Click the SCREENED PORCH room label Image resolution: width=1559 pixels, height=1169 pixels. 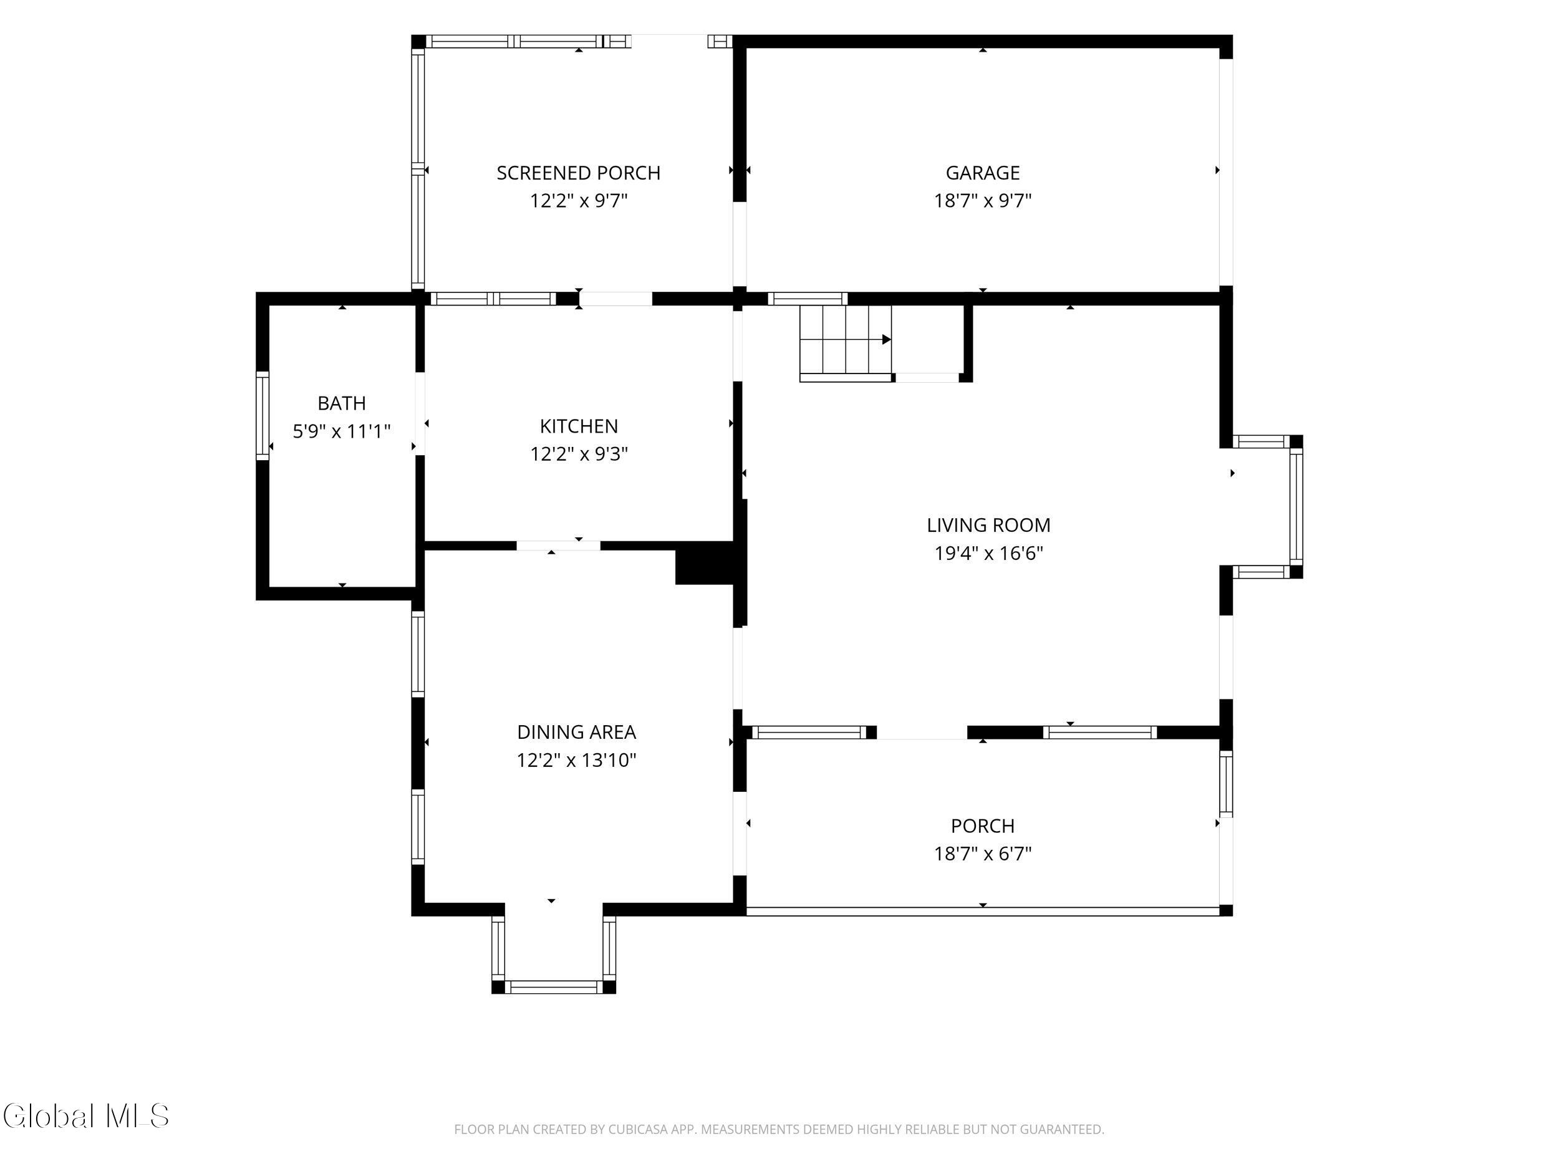pyautogui.click(x=579, y=173)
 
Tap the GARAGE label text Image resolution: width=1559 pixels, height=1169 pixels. pyautogui.click(x=982, y=173)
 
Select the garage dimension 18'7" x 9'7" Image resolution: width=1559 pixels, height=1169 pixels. pyautogui.click(x=982, y=201)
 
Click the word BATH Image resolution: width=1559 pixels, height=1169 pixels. pyautogui.click(x=342, y=403)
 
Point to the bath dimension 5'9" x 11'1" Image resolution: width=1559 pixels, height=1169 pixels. pyautogui.click(x=342, y=431)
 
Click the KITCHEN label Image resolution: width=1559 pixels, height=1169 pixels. pyautogui.click(x=579, y=426)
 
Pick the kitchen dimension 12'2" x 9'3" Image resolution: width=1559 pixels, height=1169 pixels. pyautogui.click(x=579, y=454)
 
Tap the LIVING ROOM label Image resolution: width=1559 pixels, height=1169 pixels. pyautogui.click(x=988, y=525)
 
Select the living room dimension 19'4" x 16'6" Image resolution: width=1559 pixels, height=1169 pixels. pyautogui.click(x=988, y=553)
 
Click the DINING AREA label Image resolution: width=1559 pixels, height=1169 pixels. pyautogui.click(x=577, y=732)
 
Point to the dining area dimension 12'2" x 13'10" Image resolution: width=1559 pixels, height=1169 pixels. pyautogui.click(x=577, y=760)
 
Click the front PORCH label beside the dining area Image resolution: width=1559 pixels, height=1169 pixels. pyautogui.click(x=982, y=826)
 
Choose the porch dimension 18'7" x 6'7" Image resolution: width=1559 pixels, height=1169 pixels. pyautogui.click(x=982, y=854)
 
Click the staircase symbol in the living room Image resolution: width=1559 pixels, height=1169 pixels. pyautogui.click(x=846, y=343)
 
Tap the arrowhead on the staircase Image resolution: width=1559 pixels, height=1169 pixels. pyautogui.click(x=887, y=340)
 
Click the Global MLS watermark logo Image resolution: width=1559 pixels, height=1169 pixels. pyautogui.click(x=86, y=1115)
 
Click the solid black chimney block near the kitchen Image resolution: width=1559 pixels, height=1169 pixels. pyautogui.click(x=705, y=563)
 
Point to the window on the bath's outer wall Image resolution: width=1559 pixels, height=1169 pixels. pyautogui.click(x=262, y=416)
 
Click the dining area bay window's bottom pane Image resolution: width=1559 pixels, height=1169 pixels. pyautogui.click(x=554, y=987)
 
